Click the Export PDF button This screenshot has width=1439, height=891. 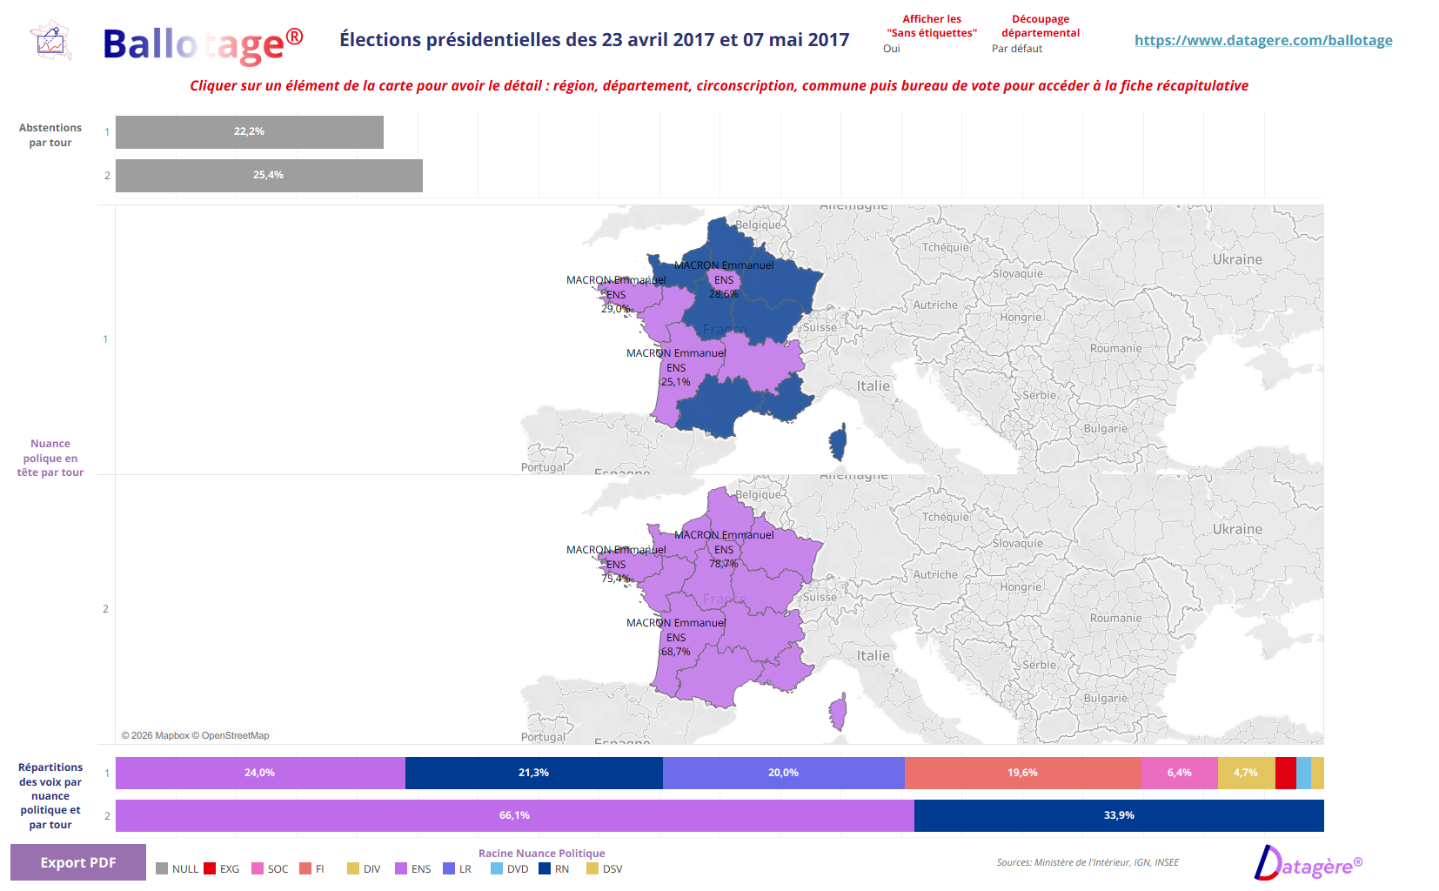click(x=77, y=862)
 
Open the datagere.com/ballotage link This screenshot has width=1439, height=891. click(x=1262, y=40)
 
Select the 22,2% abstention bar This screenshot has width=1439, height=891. click(x=249, y=132)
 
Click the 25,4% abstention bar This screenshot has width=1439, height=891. click(x=268, y=176)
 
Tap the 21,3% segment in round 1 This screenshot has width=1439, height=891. click(x=533, y=773)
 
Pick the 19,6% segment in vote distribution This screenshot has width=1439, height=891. click(x=1022, y=773)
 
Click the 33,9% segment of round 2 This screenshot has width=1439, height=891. click(x=1119, y=815)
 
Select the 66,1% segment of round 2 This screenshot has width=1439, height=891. click(x=513, y=815)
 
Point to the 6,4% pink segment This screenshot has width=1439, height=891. click(x=1179, y=773)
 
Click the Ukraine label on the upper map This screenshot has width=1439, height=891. click(x=1237, y=259)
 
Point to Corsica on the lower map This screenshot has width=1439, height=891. click(x=838, y=712)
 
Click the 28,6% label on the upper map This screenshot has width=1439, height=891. click(x=723, y=294)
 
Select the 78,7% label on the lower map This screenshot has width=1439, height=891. click(x=723, y=564)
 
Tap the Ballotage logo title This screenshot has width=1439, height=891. click(x=202, y=44)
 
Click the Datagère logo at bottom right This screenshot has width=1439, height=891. click(x=1308, y=864)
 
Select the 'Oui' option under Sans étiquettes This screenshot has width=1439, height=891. click(x=892, y=49)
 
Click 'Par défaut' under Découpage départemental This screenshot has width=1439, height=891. click(x=1016, y=49)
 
